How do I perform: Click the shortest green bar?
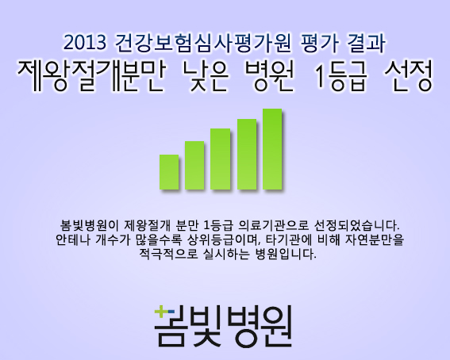point(169,172)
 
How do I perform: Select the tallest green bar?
point(272,149)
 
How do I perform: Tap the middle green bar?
point(220,159)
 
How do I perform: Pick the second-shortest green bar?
point(194,166)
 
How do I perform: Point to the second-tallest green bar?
point(247,154)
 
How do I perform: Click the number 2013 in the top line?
point(85,43)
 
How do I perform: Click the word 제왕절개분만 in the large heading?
point(91,76)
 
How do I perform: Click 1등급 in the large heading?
point(340,76)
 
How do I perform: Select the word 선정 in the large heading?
point(408,76)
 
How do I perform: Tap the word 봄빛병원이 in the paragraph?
point(89,225)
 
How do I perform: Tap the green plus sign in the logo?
point(160,312)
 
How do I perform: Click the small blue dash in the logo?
point(171,312)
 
